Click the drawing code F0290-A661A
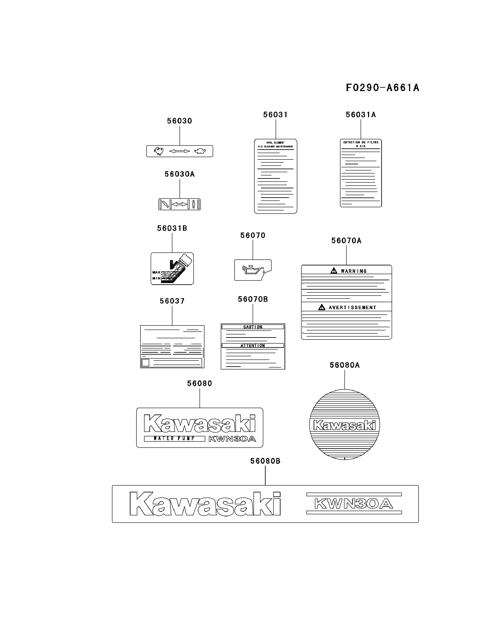pyautogui.click(x=382, y=87)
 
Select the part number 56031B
pyautogui.click(x=172, y=228)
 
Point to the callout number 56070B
pyautogui.click(x=253, y=299)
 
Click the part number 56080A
pyautogui.click(x=344, y=365)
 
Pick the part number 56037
pyautogui.click(x=172, y=301)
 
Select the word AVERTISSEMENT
pyautogui.click(x=352, y=307)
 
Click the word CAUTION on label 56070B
pyautogui.click(x=253, y=327)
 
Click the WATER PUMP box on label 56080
pyautogui.click(x=174, y=438)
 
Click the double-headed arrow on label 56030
pyautogui.click(x=180, y=151)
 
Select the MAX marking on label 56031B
pyautogui.click(x=156, y=272)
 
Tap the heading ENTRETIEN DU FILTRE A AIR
pyautogui.click(x=361, y=144)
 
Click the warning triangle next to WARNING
pyautogui.click(x=334, y=271)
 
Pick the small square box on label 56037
pyautogui.click(x=145, y=362)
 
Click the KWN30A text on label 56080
pyautogui.click(x=232, y=439)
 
